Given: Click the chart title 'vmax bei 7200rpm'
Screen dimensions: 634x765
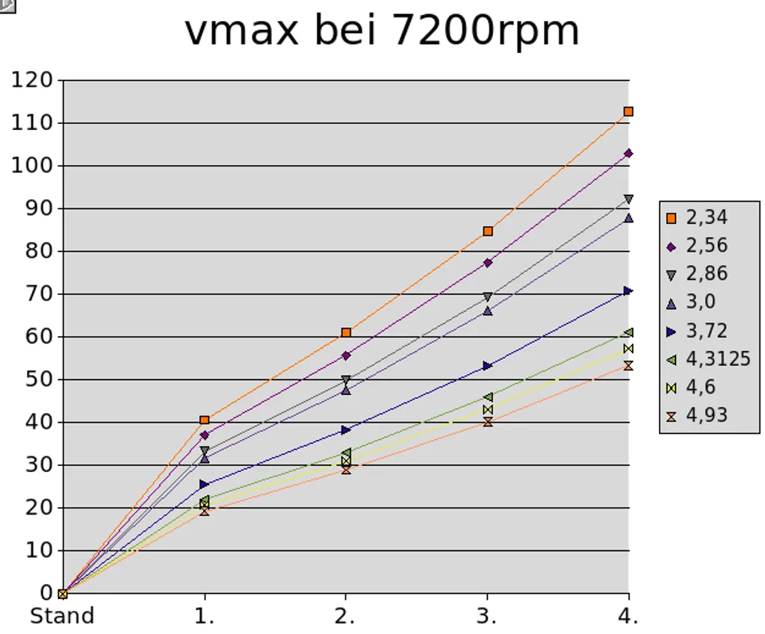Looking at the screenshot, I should pos(382,31).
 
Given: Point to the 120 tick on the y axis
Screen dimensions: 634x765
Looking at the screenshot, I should pos(32,79).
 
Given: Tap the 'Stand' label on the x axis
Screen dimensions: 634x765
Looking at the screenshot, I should pos(61,617).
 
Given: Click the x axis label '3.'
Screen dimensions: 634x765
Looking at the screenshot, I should pos(488,617).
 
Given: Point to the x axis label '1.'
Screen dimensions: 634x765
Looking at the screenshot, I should pos(205,617).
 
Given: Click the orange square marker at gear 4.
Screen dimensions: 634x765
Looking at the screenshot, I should pos(629,111).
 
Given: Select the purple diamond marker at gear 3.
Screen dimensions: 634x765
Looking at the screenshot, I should pos(488,263).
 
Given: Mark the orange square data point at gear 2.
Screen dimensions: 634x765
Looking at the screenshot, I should pos(346,332).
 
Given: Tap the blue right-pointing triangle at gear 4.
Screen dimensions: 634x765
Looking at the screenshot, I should pos(629,290).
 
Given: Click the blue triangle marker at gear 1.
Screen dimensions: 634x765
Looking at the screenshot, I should pos(205,485).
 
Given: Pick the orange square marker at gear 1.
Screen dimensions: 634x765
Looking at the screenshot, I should pos(205,420).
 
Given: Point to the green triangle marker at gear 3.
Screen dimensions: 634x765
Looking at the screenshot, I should pos(488,397).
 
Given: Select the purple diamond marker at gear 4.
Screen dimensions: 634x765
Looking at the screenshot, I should pos(629,153).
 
